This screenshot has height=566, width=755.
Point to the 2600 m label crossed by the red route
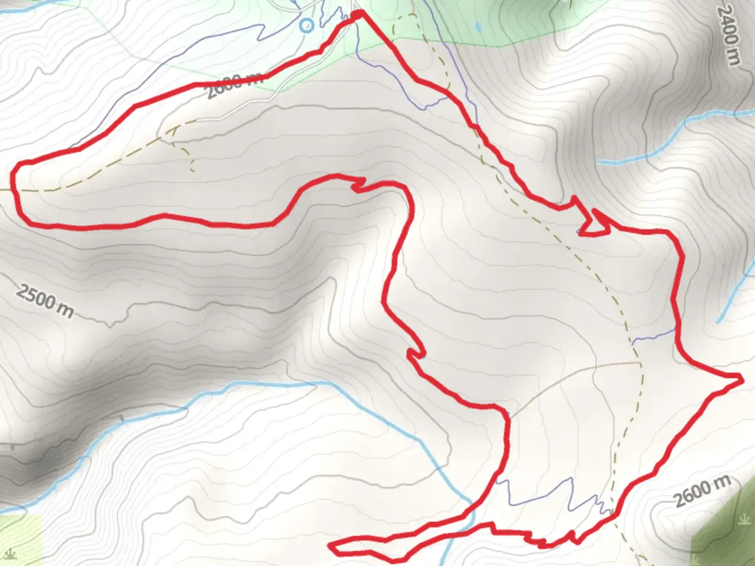point(234,85)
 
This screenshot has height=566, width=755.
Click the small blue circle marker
point(306,25)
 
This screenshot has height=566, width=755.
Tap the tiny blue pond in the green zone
point(477,26)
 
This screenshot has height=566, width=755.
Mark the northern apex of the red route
point(359,14)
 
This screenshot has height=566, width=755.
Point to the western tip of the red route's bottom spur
point(331,547)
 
